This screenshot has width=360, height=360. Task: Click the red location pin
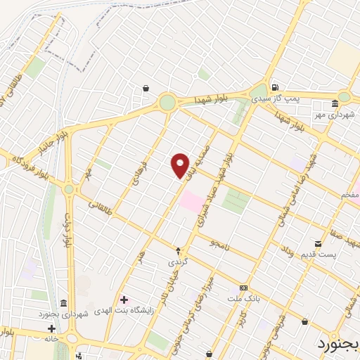tap(181, 165)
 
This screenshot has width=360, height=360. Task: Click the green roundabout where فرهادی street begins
tap(167, 103)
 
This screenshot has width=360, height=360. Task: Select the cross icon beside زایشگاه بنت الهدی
tap(124, 300)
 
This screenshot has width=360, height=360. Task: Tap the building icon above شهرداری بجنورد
tap(64, 303)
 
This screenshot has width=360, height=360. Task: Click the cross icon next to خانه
tap(51, 328)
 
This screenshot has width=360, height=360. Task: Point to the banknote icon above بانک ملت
tap(243, 288)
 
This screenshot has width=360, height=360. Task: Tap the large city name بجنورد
tap(335, 345)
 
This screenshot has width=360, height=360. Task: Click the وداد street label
tap(287, 251)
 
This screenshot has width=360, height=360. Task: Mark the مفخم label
tap(349, 194)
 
